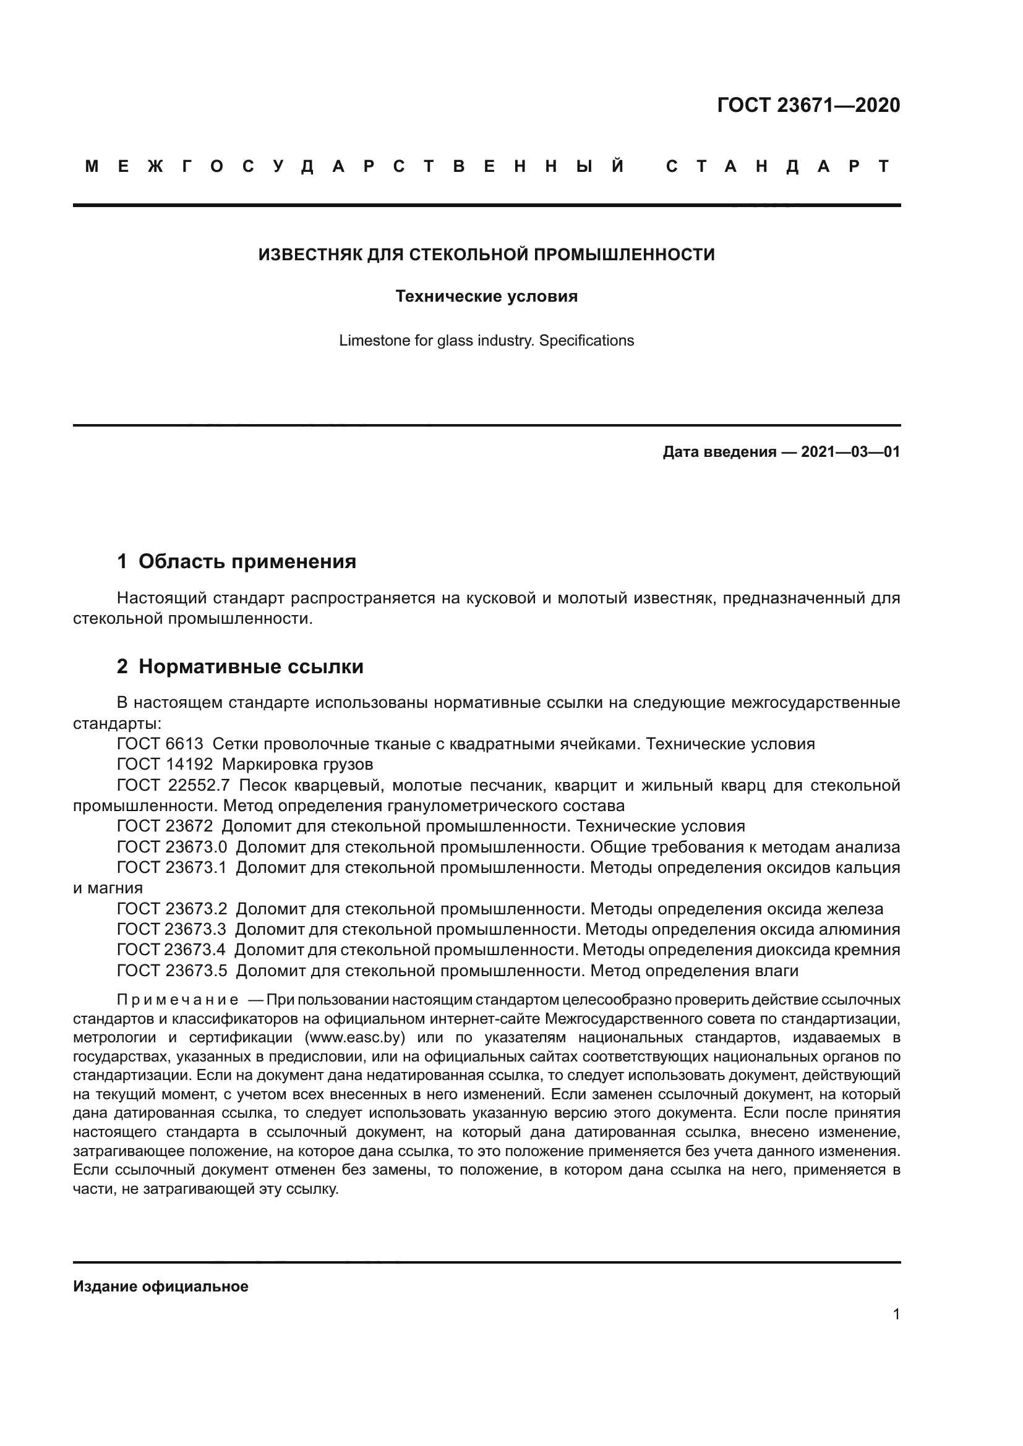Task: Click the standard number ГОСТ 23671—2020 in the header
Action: tap(808, 105)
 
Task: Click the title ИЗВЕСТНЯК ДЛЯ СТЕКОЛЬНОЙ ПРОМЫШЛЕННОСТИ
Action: tap(486, 255)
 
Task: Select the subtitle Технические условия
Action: tap(486, 296)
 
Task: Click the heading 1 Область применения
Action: tap(236, 561)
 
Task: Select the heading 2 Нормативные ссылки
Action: tap(240, 666)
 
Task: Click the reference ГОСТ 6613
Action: tap(160, 744)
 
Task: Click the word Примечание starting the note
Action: tap(178, 1000)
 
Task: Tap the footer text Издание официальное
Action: tap(161, 1287)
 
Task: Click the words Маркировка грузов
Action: tap(297, 765)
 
